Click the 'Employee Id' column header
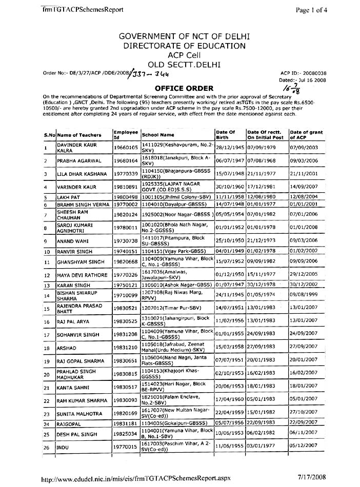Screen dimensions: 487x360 coord(126,135)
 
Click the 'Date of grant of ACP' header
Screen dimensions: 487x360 coord(307,135)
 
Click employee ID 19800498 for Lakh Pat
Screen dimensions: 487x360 coord(126,197)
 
